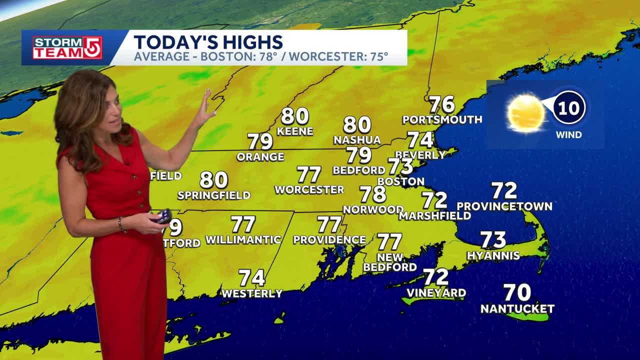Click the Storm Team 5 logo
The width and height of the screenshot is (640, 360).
pyautogui.click(x=67, y=47)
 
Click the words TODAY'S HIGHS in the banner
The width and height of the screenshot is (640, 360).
pyautogui.click(x=208, y=42)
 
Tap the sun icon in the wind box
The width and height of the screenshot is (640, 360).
pyautogui.click(x=525, y=113)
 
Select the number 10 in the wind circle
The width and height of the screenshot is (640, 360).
pyautogui.click(x=568, y=107)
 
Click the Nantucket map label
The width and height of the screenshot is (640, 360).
pyautogui.click(x=517, y=309)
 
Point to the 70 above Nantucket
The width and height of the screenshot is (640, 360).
pyautogui.click(x=517, y=292)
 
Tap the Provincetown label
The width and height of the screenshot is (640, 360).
pyautogui.click(x=504, y=206)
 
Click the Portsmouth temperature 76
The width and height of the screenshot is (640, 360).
pyautogui.click(x=442, y=104)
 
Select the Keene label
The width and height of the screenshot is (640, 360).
pyautogui.click(x=295, y=131)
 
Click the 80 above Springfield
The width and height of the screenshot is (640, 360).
pyautogui.click(x=214, y=179)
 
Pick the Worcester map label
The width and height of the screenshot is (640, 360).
pyautogui.click(x=309, y=190)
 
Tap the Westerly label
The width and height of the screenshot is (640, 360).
pyautogui.click(x=252, y=293)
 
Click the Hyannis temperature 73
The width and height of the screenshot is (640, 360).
pyautogui.click(x=493, y=240)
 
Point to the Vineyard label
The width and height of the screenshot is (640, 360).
pyautogui.click(x=436, y=293)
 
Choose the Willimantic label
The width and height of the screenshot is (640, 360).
pyautogui.click(x=243, y=240)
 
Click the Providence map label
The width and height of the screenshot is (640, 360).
pyautogui.click(x=329, y=240)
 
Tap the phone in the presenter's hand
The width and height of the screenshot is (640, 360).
pyautogui.click(x=163, y=216)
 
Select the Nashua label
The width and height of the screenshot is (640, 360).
pyautogui.click(x=357, y=140)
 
